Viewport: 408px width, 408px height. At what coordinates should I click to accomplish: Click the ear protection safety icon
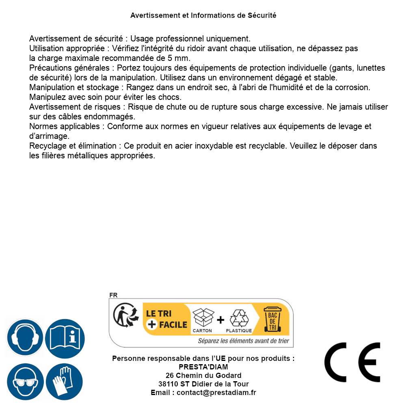[x=25, y=337]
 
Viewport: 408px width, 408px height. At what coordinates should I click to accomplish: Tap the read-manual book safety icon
[x=65, y=337]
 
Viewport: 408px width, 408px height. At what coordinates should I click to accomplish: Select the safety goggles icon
[x=25, y=382]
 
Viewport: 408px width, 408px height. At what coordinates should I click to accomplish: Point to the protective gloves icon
[x=65, y=382]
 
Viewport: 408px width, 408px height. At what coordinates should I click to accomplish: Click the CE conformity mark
[x=352, y=363]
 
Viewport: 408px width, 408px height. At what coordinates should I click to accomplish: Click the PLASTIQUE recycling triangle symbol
[x=239, y=318]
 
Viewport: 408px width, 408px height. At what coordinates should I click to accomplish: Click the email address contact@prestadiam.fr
[x=216, y=393]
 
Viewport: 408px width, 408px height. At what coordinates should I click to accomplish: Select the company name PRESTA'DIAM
[x=203, y=367]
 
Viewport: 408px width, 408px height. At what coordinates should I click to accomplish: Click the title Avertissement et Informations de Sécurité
[x=203, y=15]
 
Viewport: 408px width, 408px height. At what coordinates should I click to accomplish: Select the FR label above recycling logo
[x=113, y=295]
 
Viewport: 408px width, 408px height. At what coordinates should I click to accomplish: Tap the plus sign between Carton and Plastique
[x=220, y=320]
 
